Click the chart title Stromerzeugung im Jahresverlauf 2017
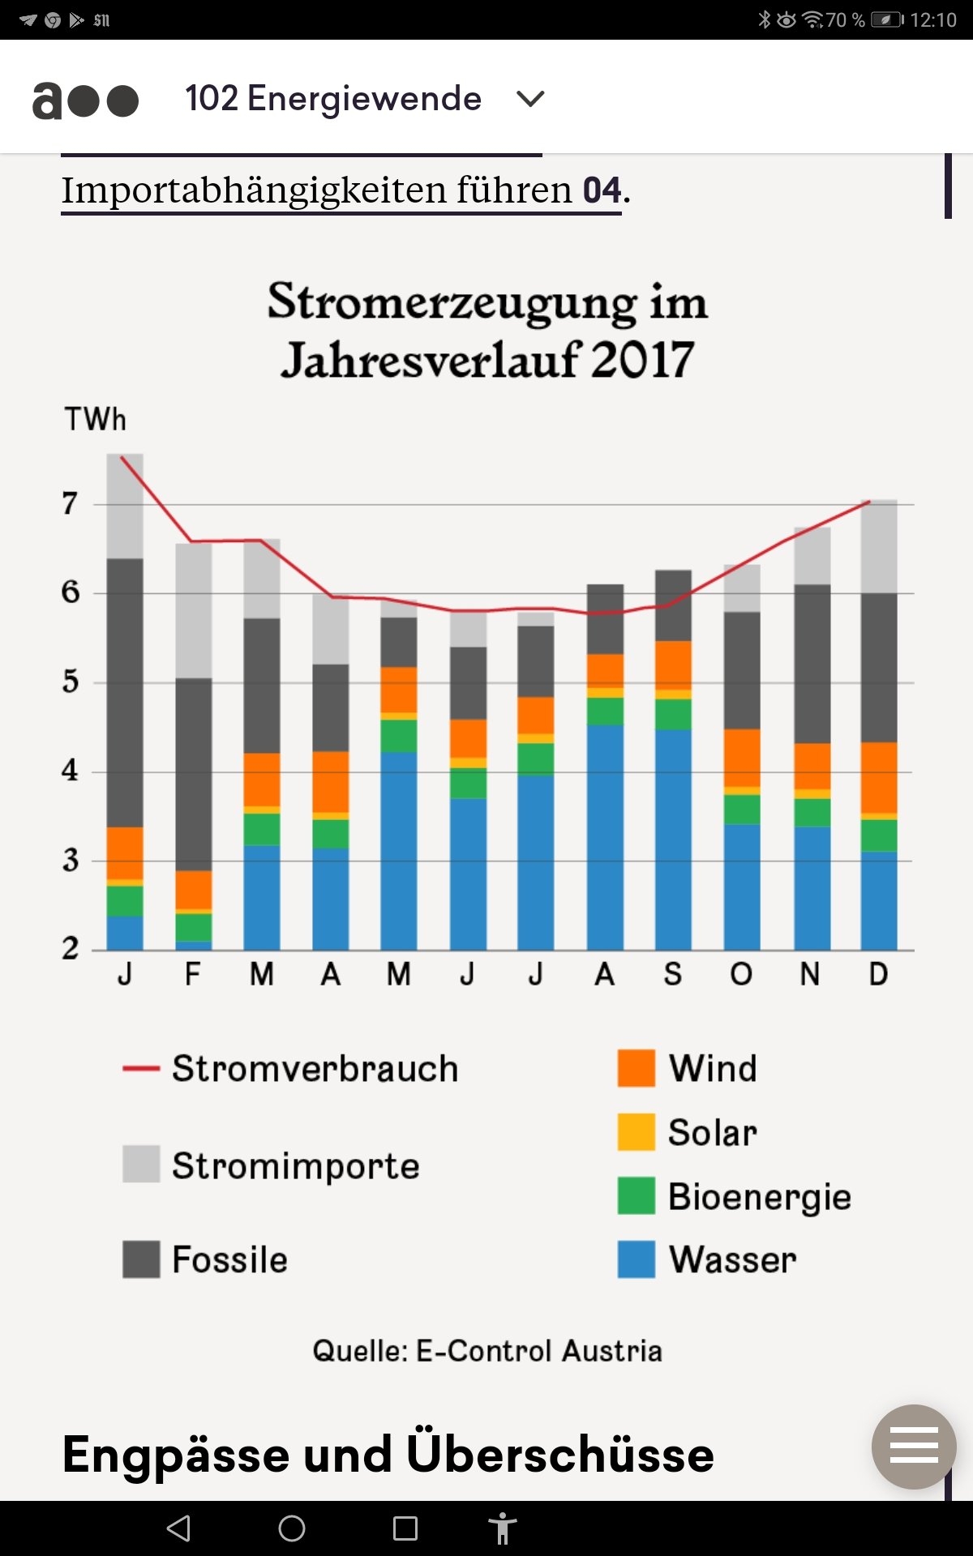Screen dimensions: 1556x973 [x=487, y=330]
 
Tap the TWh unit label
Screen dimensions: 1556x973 [x=96, y=420]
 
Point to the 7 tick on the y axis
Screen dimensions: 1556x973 [x=71, y=504]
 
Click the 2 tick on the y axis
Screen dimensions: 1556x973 [x=71, y=948]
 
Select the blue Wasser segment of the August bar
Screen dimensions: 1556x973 [x=605, y=835]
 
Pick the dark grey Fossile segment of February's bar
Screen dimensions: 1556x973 [x=194, y=774]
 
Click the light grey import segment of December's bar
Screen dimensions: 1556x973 [x=879, y=547]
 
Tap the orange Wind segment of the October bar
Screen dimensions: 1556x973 [x=742, y=758]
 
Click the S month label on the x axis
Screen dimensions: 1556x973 [x=673, y=974]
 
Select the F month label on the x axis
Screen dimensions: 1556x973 [x=193, y=974]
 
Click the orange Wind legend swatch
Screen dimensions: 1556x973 [x=636, y=1068]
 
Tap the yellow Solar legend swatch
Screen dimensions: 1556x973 [x=636, y=1132]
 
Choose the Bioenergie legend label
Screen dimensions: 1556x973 [x=759, y=1197]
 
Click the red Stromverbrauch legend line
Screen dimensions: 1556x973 [x=140, y=1069]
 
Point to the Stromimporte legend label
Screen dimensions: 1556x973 [x=296, y=1165]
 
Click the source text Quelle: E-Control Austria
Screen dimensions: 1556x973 [x=487, y=1351]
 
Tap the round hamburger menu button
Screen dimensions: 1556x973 [x=914, y=1447]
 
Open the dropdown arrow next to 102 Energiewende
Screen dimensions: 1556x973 [x=530, y=99]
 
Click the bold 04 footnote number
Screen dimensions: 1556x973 [x=602, y=190]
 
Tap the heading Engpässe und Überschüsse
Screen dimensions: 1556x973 [x=388, y=1455]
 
